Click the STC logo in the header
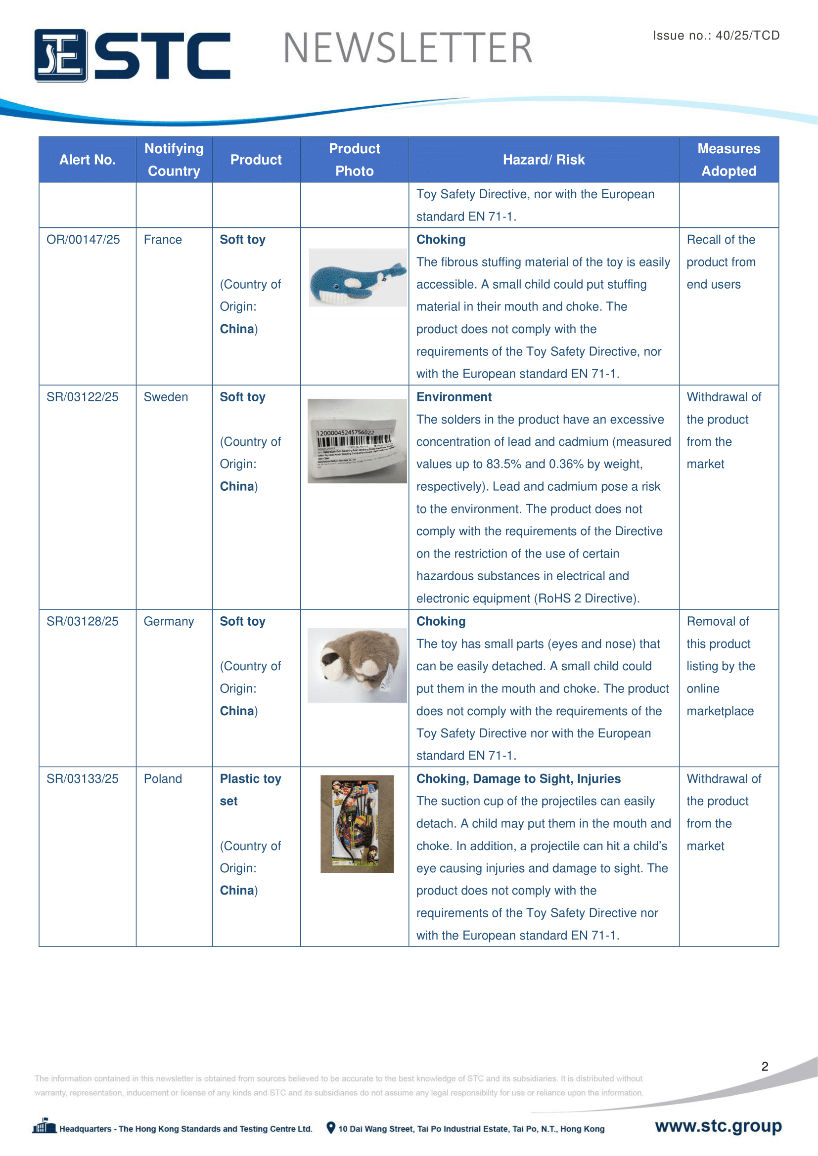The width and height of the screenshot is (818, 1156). tap(132, 55)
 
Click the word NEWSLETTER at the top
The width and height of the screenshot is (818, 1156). tap(408, 48)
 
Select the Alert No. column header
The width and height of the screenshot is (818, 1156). tap(88, 160)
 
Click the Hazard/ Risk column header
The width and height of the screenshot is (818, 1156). tap(544, 160)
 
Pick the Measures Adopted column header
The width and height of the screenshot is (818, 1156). tap(728, 160)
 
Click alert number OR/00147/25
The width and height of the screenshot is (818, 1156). tap(83, 240)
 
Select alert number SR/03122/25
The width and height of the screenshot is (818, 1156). tap(83, 397)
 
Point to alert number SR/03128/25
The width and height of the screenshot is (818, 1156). tap(83, 621)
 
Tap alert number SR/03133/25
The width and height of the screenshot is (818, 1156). tap(83, 779)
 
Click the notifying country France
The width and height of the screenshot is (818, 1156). tap(163, 240)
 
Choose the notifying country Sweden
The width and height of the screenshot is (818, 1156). tap(166, 397)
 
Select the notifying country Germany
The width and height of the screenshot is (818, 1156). tap(169, 621)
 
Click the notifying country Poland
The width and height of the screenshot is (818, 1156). tap(163, 779)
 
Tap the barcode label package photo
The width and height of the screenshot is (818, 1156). tap(357, 441)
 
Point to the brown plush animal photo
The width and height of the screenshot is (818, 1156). tap(357, 665)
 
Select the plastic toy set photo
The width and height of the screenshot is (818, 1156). tap(357, 824)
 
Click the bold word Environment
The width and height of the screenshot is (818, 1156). tap(454, 397)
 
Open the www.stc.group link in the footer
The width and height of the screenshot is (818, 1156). tap(718, 1126)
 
